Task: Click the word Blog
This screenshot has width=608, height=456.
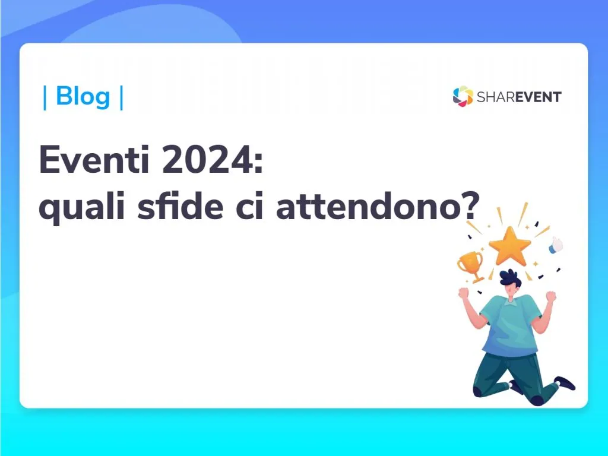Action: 83,96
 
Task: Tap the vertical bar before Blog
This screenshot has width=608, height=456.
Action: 45,97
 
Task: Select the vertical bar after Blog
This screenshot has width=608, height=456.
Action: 122,97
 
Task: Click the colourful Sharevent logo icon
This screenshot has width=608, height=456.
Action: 463,96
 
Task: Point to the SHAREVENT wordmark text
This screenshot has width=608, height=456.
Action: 519,97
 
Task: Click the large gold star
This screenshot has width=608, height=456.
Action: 509,246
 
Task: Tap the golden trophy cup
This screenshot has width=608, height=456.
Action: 471,266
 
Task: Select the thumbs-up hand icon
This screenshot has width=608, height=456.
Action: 556,245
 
